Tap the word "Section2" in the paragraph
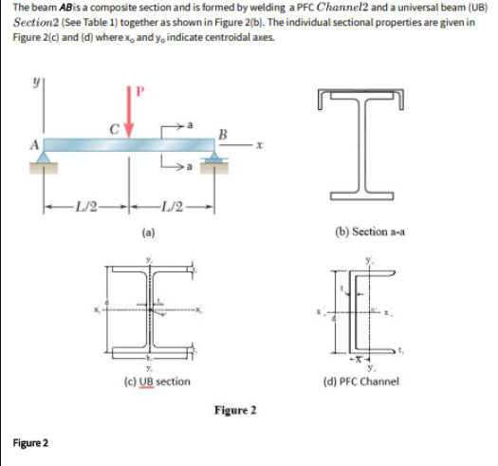tap(39, 21)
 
